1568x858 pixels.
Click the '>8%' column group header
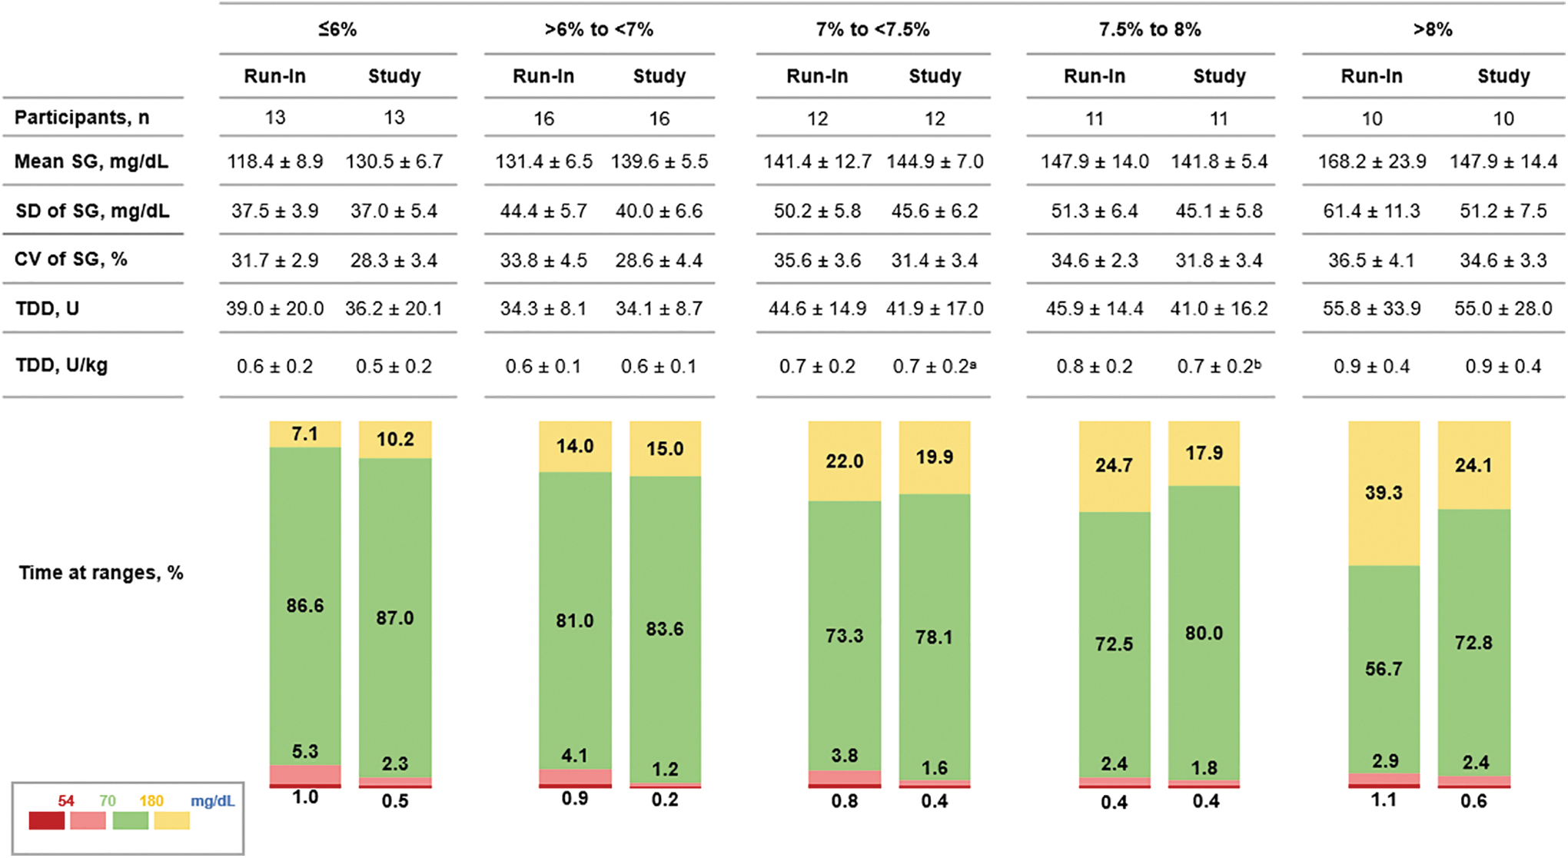[x=1433, y=30]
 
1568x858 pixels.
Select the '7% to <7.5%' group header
[x=872, y=30]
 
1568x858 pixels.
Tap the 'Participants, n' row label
[x=82, y=118]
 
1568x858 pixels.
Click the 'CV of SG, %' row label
[x=71, y=259]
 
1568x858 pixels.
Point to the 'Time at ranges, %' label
[x=101, y=573]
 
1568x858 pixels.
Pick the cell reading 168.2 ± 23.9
[x=1372, y=161]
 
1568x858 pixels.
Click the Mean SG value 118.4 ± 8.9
[x=275, y=161]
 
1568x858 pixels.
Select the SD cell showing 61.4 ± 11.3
[x=1372, y=211]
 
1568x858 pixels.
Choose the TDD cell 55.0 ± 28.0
[x=1503, y=308]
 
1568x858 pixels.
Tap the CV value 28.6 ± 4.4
[x=659, y=260]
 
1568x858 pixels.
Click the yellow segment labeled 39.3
[x=1384, y=494]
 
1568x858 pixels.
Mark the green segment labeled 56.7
[x=1384, y=670]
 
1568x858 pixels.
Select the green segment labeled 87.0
[x=395, y=618]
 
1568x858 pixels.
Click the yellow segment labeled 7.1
[x=305, y=434]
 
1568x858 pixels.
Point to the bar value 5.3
[x=305, y=751]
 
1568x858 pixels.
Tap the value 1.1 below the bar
[x=1384, y=800]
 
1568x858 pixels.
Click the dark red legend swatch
[x=46, y=820]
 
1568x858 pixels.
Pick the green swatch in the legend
[x=131, y=820]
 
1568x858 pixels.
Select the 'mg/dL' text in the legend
[x=213, y=800]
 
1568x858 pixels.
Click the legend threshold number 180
[x=151, y=800]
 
